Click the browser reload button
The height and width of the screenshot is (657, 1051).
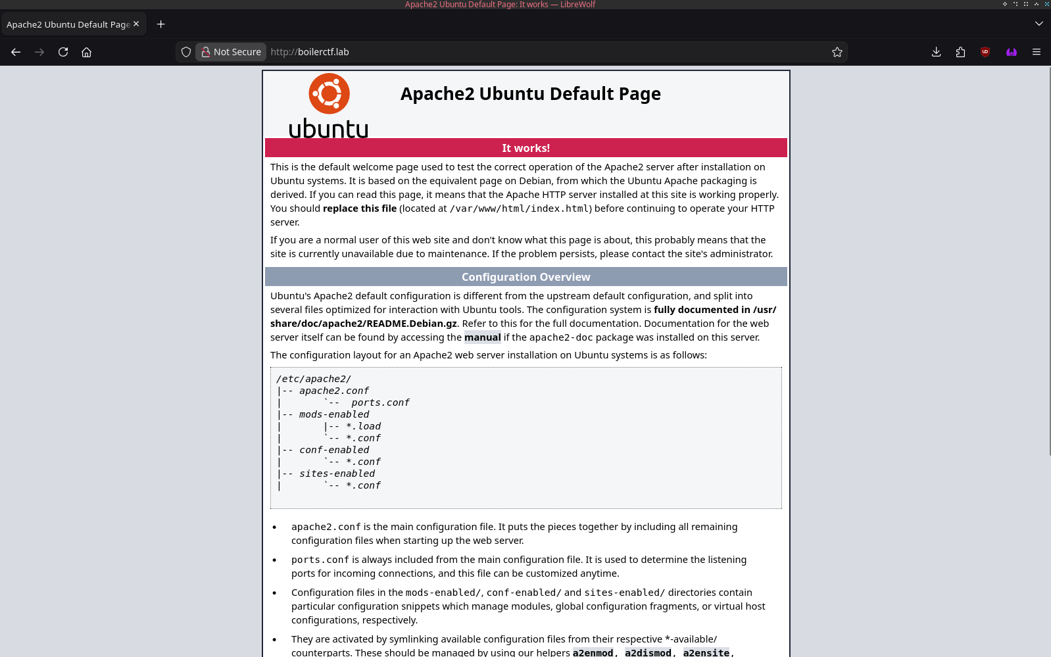point(63,52)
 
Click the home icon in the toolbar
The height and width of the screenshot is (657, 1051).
point(86,52)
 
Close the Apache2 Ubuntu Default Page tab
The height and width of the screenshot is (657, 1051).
point(136,24)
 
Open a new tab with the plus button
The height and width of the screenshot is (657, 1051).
point(160,24)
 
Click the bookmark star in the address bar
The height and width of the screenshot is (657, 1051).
point(837,52)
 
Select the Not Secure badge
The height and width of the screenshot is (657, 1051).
point(231,52)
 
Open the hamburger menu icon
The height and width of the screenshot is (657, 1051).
point(1036,52)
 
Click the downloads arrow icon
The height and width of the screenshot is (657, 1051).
point(936,52)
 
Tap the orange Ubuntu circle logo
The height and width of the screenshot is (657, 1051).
point(329,93)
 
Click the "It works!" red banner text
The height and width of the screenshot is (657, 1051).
point(525,148)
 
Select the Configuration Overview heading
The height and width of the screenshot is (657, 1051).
point(525,277)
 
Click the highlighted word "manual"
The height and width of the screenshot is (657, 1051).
point(482,337)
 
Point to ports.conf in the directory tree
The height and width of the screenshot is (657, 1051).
point(379,402)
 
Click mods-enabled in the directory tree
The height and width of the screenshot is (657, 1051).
point(334,414)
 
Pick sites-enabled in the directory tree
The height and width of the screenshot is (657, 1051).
point(337,474)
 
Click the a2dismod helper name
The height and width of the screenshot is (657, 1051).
point(648,652)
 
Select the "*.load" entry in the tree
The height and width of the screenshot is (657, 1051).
point(363,426)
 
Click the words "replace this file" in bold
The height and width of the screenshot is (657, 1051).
point(360,208)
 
